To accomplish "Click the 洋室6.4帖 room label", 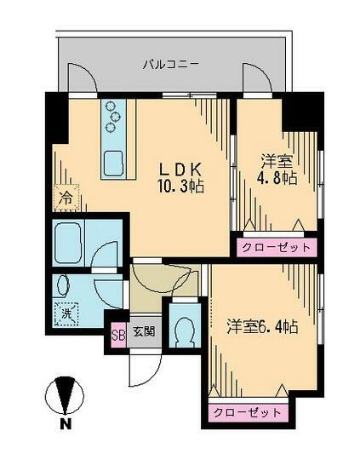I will pos(261,327).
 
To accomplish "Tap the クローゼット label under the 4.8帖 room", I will pos(275,247).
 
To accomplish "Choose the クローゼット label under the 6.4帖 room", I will pos(247,412).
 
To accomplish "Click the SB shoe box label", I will pos(118,332).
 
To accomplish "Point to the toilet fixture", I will pos(183,327).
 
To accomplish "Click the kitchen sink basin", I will pos(112,162).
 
